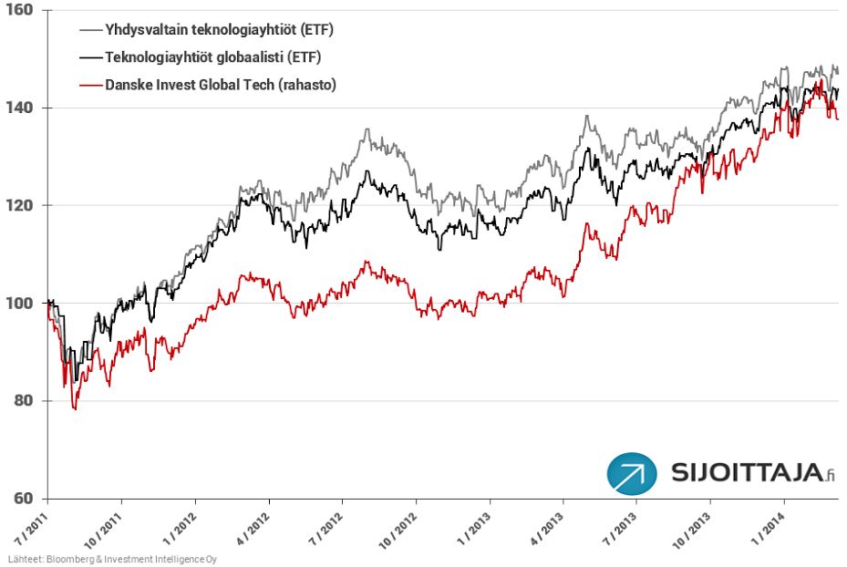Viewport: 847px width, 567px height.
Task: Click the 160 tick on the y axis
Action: [x=19, y=11]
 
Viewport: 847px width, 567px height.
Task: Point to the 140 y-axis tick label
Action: [x=19, y=108]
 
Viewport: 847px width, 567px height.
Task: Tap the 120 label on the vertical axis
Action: [x=19, y=206]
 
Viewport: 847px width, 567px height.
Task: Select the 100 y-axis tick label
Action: [x=19, y=304]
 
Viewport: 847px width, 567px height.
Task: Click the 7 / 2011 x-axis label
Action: [x=29, y=528]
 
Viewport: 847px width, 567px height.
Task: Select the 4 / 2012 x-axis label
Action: [x=251, y=528]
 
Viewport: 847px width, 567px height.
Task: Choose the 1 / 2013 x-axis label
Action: [x=472, y=528]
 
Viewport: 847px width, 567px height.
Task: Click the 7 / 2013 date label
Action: [x=619, y=528]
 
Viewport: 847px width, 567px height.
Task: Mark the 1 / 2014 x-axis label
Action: [x=767, y=528]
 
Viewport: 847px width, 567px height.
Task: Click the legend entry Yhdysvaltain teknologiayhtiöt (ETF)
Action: [x=220, y=29]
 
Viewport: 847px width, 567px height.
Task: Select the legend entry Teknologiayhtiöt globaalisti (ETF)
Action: [x=213, y=57]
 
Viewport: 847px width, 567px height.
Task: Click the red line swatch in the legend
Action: [x=89, y=85]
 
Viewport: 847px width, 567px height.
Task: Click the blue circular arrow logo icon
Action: [x=632, y=473]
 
